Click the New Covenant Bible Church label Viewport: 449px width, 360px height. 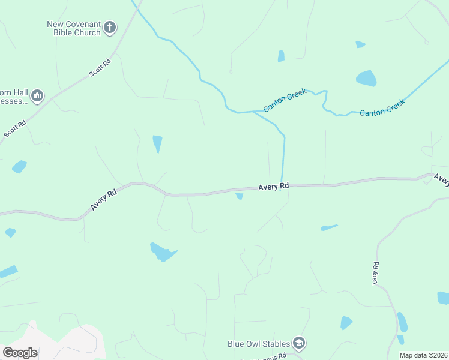pyautogui.click(x=74, y=28)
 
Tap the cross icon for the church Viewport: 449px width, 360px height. pyautogui.click(x=110, y=27)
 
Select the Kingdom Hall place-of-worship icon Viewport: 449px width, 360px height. pyautogui.click(x=37, y=95)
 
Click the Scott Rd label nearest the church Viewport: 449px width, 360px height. pyautogui.click(x=100, y=67)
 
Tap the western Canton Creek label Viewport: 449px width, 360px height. pyautogui.click(x=285, y=100)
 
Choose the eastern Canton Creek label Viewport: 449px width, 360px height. pyautogui.click(x=382, y=107)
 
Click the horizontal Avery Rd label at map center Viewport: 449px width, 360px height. pyautogui.click(x=274, y=187)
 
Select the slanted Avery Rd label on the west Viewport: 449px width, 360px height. pyautogui.click(x=104, y=200)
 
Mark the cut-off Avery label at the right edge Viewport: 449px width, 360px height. pyautogui.click(x=441, y=179)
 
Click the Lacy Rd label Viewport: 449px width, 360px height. pyautogui.click(x=375, y=273)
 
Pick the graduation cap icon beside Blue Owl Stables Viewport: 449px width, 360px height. pyautogui.click(x=298, y=343)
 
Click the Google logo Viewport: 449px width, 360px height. pyautogui.click(x=20, y=353)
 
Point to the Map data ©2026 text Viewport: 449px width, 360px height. pyautogui.click(x=423, y=355)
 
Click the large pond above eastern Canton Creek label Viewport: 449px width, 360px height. pyautogui.click(x=366, y=78)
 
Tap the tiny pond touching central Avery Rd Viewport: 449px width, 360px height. pyautogui.click(x=240, y=196)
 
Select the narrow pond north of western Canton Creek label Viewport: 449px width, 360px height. pyautogui.click(x=281, y=56)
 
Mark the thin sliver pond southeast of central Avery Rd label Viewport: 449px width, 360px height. pyautogui.click(x=329, y=227)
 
